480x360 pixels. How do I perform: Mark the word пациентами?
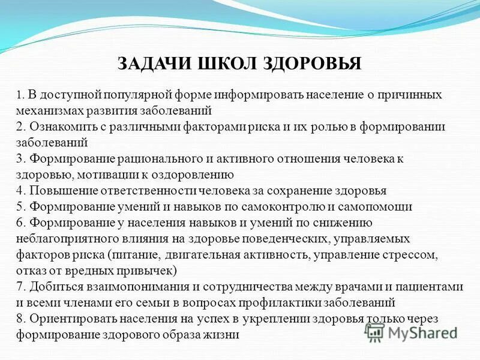pos(432,287)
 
